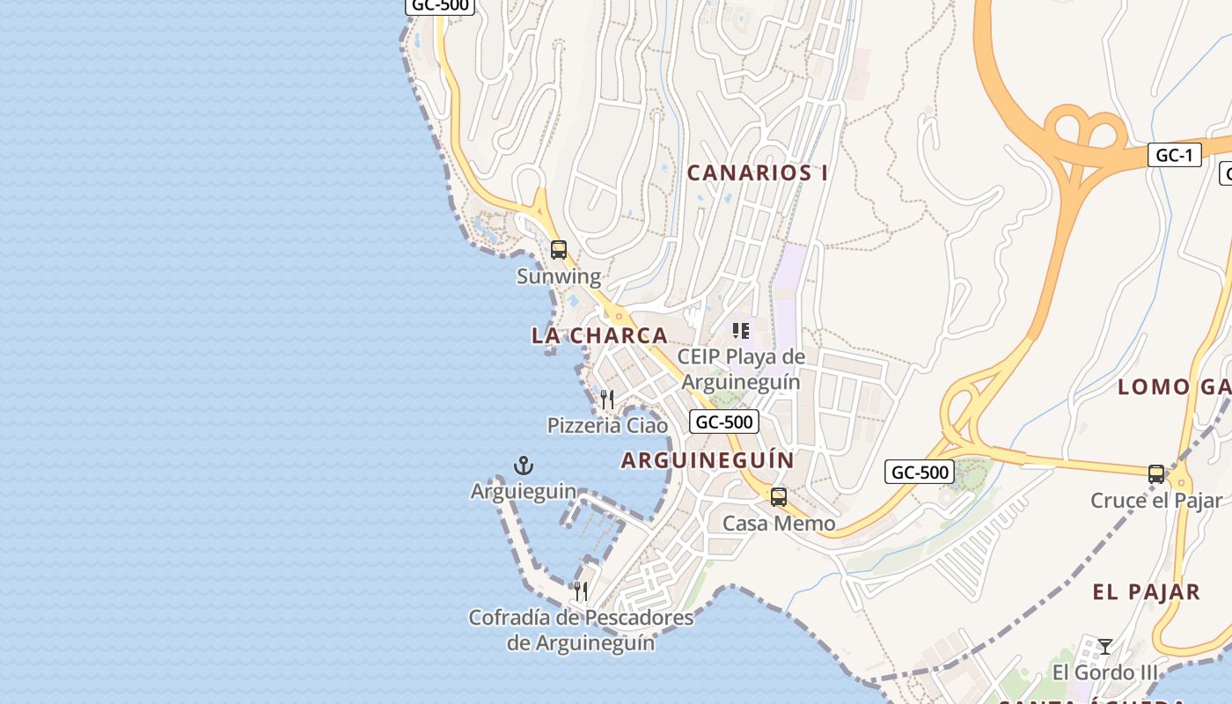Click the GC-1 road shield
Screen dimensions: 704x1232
point(1174,156)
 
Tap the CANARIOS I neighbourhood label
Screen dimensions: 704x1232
point(757,172)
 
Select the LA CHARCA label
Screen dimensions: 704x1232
point(599,335)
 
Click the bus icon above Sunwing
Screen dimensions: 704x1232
point(559,250)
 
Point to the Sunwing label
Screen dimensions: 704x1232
point(559,276)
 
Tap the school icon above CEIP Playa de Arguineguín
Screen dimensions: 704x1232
point(741,331)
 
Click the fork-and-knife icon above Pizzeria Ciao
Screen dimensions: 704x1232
point(606,400)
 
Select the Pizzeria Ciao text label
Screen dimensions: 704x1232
point(607,426)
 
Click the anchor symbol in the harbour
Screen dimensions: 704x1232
point(524,465)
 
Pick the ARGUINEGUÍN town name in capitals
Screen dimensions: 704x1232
point(708,460)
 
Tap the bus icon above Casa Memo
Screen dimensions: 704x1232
point(779,497)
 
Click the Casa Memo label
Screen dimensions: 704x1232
point(779,524)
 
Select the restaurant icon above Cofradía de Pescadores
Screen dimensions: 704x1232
point(580,590)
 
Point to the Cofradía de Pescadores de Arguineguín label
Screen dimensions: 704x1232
point(581,630)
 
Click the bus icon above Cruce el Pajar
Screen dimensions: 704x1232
point(1156,474)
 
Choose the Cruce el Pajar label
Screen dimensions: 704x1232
point(1156,501)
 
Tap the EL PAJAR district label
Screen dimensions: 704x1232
point(1146,592)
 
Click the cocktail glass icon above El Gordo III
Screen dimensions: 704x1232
point(1105,647)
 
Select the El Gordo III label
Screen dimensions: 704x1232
point(1105,673)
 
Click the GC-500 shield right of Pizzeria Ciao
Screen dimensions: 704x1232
point(723,422)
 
